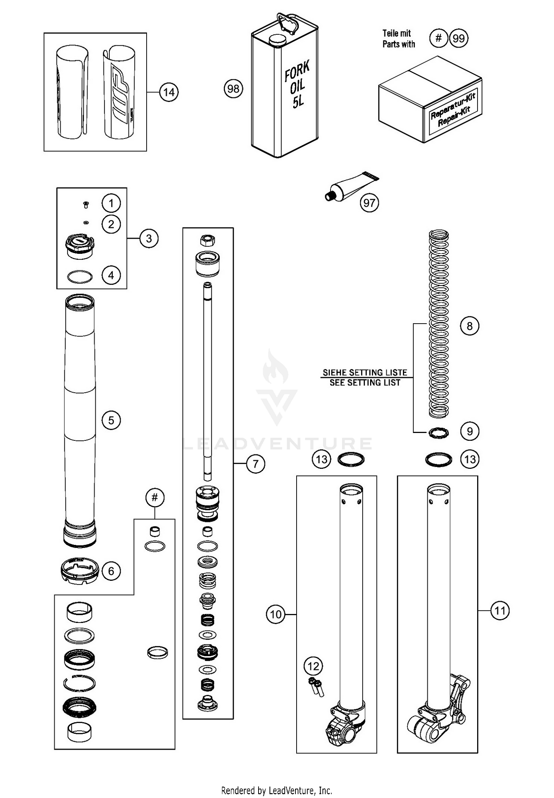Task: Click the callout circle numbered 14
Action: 169,92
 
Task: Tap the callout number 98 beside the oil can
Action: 233,89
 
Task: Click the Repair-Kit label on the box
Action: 453,110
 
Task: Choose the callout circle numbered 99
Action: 458,38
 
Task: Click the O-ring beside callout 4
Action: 79,277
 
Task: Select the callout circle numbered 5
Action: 111,420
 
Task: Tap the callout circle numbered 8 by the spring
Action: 469,326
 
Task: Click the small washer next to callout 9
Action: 438,433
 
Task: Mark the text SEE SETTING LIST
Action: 365,383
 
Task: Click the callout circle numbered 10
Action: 276,615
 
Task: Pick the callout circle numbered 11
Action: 500,610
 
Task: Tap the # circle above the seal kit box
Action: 154,498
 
